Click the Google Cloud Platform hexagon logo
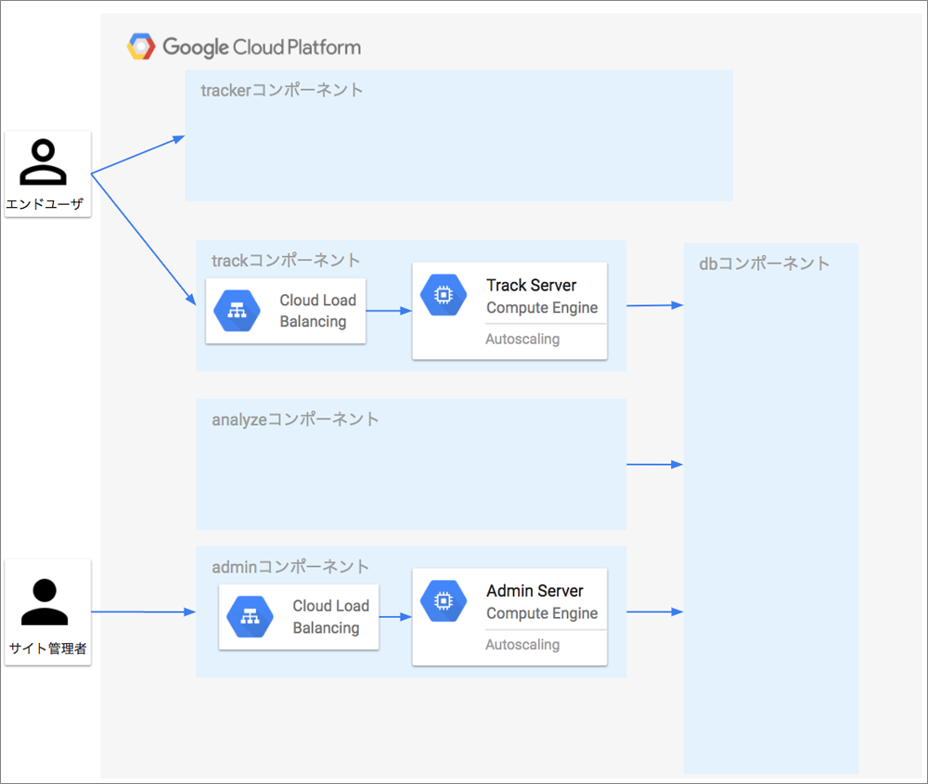pyautogui.click(x=141, y=46)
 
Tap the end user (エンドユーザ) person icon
pyautogui.click(x=44, y=161)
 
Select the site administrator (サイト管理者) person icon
pyautogui.click(x=45, y=602)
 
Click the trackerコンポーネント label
pyautogui.click(x=282, y=90)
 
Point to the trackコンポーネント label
pyautogui.click(x=286, y=261)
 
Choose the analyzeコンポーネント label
pyautogui.click(x=295, y=419)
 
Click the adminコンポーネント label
pyautogui.click(x=290, y=567)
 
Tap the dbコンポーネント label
pyautogui.click(x=764, y=263)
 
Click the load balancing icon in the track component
pyautogui.click(x=237, y=311)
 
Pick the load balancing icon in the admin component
pyautogui.click(x=250, y=617)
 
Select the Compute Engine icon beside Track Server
pyautogui.click(x=444, y=295)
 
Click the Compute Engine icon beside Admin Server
pyautogui.click(x=444, y=600)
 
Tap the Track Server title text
pyautogui.click(x=532, y=285)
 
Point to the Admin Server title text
pyautogui.click(x=535, y=590)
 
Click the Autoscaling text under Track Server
pyautogui.click(x=522, y=339)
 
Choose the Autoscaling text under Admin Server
pyautogui.click(x=522, y=644)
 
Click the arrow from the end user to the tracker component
pyautogui.click(x=138, y=155)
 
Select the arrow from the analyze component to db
pyautogui.click(x=655, y=465)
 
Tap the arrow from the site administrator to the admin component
pyautogui.click(x=144, y=611)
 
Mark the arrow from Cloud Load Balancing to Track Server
pyautogui.click(x=389, y=311)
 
